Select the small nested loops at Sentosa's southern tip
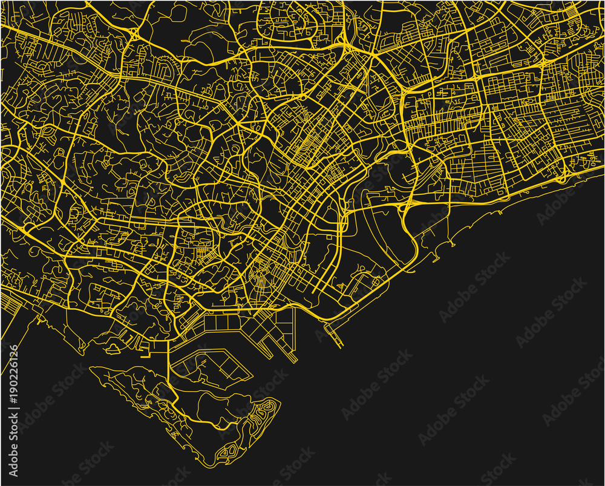click(x=231, y=450)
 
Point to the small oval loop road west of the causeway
click(x=113, y=347)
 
